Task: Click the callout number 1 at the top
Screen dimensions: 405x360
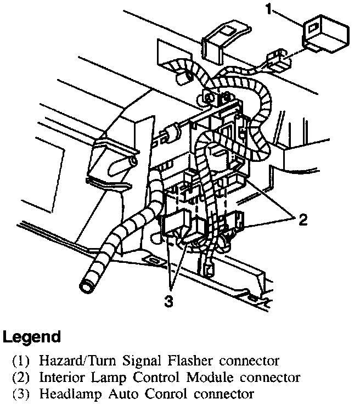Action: pos(268,9)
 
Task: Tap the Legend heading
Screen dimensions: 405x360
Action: pos(31,336)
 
